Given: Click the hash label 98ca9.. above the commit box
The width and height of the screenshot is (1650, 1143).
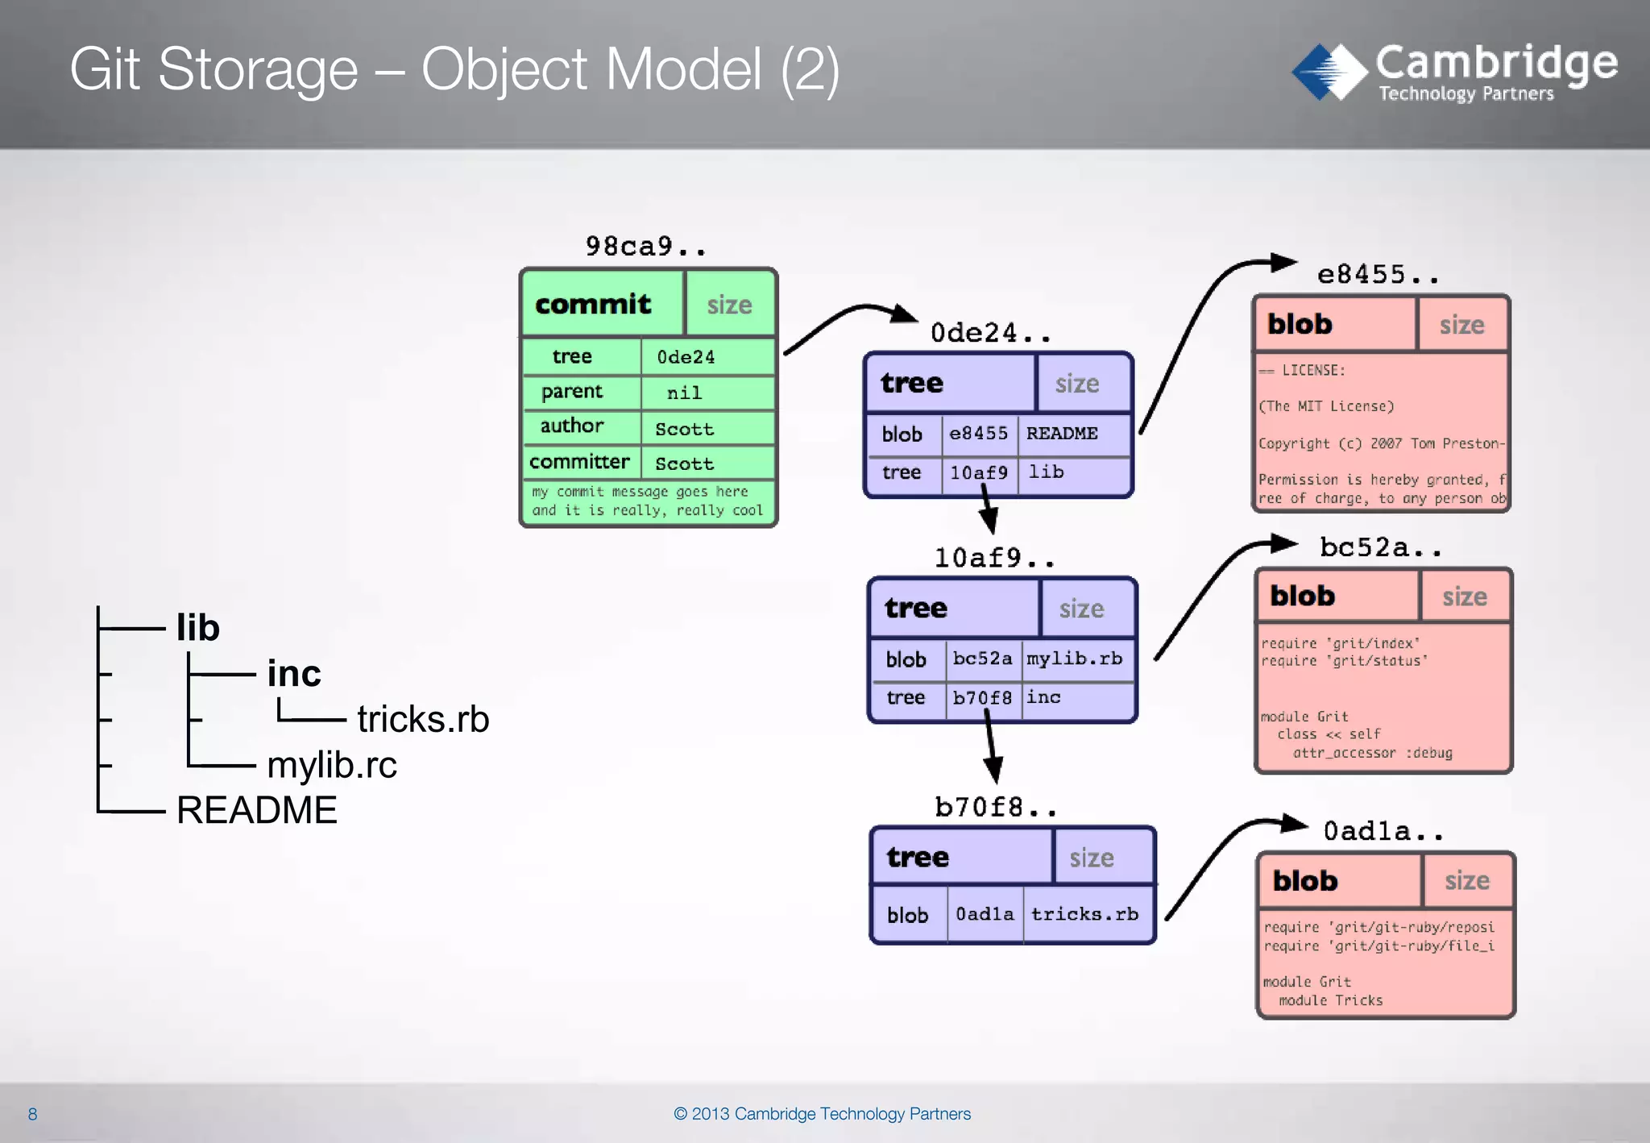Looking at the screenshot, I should click(x=645, y=246).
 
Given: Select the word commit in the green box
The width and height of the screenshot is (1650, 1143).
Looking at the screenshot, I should click(x=593, y=305).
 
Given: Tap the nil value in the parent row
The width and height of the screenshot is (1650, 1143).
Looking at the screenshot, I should click(x=684, y=393).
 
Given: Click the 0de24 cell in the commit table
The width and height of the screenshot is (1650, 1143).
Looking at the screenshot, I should click(x=686, y=357).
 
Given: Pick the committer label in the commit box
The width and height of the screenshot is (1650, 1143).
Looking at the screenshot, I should click(x=579, y=462).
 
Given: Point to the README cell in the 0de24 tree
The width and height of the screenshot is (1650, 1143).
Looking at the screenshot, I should click(x=1062, y=434).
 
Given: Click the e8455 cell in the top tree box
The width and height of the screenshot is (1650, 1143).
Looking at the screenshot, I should click(x=978, y=434).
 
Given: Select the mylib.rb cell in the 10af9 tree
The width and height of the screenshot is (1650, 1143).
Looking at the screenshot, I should click(x=1074, y=659).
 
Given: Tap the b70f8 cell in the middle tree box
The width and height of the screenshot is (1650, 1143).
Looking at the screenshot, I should click(x=981, y=697).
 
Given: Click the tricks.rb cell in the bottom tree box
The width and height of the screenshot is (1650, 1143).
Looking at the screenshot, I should click(x=1084, y=914).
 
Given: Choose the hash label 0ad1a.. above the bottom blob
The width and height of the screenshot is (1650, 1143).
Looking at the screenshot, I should click(x=1383, y=831).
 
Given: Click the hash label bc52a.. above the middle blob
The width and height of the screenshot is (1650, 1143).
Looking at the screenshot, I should click(x=1380, y=547).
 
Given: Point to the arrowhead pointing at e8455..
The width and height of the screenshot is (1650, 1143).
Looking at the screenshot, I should click(x=1283, y=263).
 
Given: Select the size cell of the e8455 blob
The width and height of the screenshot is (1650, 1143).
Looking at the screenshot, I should click(x=1461, y=325).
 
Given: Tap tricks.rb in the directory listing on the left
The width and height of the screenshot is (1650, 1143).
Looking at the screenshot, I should click(x=423, y=719).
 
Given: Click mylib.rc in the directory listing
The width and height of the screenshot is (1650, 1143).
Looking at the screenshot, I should click(x=332, y=765).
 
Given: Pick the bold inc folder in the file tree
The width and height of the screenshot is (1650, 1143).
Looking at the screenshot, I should click(x=294, y=673).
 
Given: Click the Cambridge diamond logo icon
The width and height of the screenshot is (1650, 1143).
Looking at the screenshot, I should click(x=1329, y=73).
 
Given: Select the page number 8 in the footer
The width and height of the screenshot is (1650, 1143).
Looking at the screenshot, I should click(x=32, y=1114).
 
